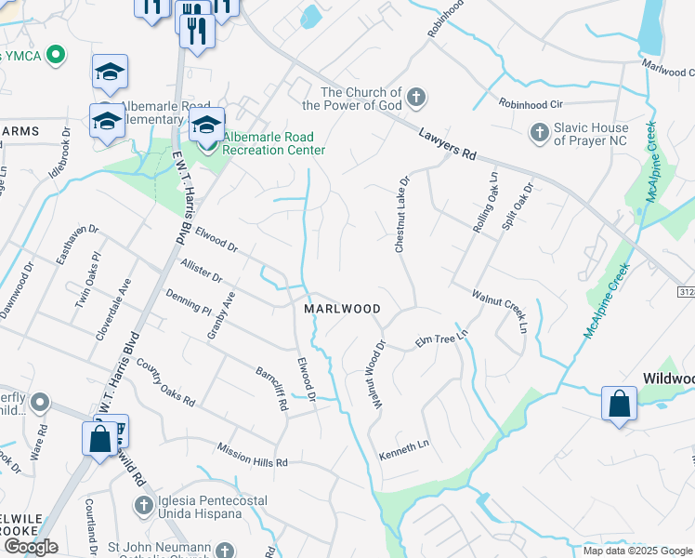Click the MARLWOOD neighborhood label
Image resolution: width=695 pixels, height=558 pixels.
[x=343, y=308]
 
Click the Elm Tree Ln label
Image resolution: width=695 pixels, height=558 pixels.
[x=441, y=339]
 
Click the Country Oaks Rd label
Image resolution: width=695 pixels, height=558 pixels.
[x=165, y=384]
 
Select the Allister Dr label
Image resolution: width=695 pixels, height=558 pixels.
[x=202, y=271]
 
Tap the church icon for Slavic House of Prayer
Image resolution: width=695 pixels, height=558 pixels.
[x=539, y=133]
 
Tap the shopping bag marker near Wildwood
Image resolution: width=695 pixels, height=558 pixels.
[x=619, y=405]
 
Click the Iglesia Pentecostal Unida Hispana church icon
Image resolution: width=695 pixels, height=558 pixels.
[x=143, y=505]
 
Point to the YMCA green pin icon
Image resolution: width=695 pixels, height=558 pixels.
[x=57, y=55]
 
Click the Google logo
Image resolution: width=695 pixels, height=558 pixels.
[x=31, y=547]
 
